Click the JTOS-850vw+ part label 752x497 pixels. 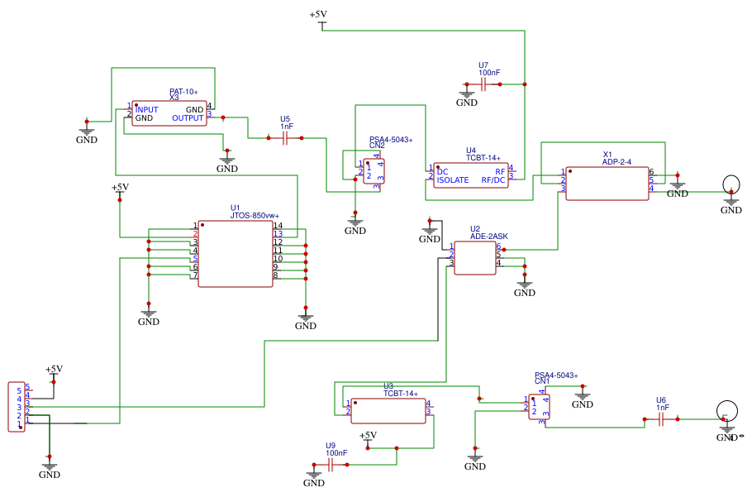click(x=254, y=216)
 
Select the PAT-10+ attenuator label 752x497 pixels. click(x=183, y=91)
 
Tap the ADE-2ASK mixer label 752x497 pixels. click(x=488, y=237)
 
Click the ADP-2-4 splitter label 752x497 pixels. click(x=616, y=162)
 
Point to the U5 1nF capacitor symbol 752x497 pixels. click(x=285, y=139)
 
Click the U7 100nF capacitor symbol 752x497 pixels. click(x=483, y=84)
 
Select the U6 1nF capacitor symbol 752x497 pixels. click(x=661, y=419)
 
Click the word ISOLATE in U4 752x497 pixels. click(x=453, y=179)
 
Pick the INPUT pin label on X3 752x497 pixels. click(x=147, y=109)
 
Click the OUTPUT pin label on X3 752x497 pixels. click(x=188, y=118)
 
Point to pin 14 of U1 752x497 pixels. click(x=278, y=226)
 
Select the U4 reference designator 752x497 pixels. click(x=471, y=151)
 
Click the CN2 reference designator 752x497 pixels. click(x=377, y=146)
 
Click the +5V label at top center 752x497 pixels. click(x=318, y=15)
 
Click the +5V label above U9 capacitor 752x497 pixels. click(x=368, y=435)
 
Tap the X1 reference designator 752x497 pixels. click(x=607, y=155)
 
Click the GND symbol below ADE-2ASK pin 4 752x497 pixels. click(x=525, y=287)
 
